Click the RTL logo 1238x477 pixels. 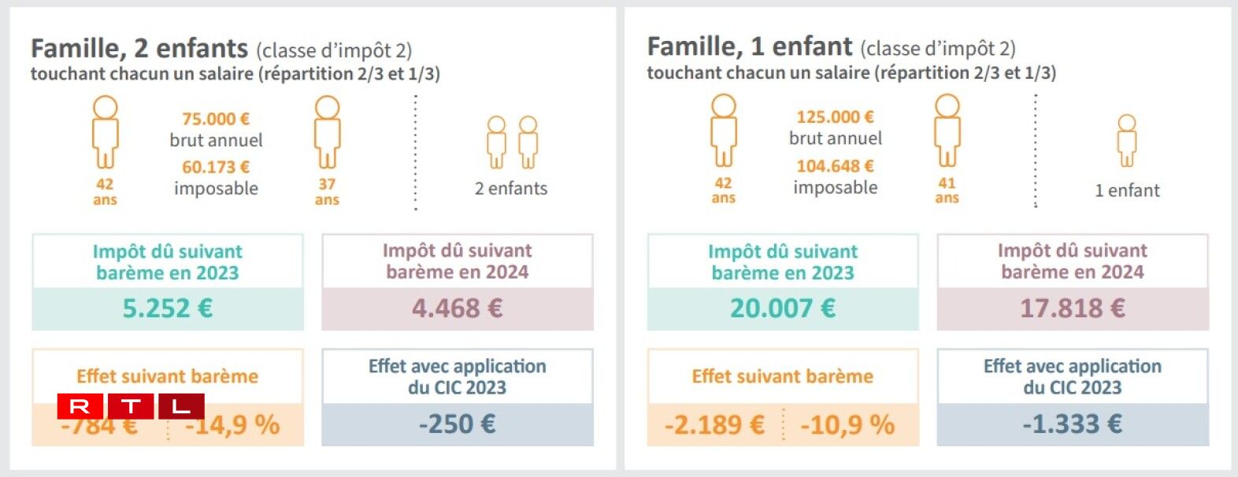131,406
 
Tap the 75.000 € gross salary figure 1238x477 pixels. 216,119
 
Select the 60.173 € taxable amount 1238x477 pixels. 216,167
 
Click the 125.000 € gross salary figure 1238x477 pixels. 835,117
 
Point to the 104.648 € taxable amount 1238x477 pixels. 835,166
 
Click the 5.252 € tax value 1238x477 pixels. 168,308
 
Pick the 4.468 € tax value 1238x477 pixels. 457,308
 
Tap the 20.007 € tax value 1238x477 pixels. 783,308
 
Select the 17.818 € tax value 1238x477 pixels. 1072,308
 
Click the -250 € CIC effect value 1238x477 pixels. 457,424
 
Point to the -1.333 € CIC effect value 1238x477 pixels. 1072,424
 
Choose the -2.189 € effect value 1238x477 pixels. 714,425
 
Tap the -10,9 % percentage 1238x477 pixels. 847,425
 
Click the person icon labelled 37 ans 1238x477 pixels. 327,131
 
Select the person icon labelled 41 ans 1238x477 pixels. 947,130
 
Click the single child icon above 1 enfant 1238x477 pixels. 1127,140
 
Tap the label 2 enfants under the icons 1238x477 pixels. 511,189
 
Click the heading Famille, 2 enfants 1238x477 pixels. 139,49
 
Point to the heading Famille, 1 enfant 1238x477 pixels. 750,47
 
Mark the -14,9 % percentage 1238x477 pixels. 233,426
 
